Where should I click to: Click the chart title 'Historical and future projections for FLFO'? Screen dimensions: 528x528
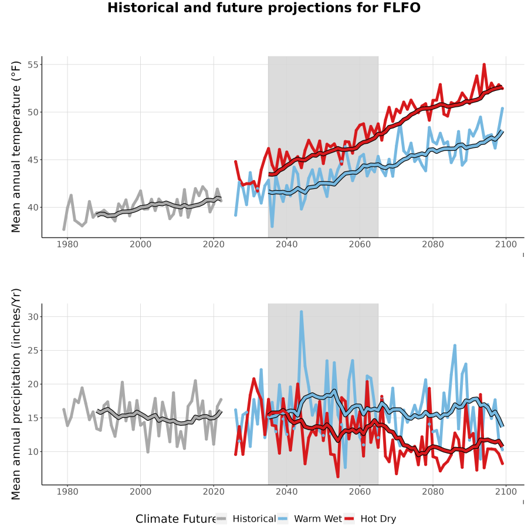[x=263, y=8]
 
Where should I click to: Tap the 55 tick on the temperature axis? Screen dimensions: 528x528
[x=33, y=65]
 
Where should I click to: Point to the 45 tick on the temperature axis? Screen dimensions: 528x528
[x=33, y=160]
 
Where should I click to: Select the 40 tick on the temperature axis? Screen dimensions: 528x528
[x=33, y=208]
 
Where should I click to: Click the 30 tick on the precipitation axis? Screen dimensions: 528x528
[x=33, y=317]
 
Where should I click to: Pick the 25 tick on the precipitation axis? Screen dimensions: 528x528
[x=33, y=350]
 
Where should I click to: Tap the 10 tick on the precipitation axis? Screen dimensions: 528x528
[x=33, y=452]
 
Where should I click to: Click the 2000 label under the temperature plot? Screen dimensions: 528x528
[x=140, y=244]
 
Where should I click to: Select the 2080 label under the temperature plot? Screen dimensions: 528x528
[x=433, y=244]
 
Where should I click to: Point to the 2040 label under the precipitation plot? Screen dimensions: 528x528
[x=286, y=492]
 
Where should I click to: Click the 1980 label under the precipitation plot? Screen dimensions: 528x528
[x=67, y=492]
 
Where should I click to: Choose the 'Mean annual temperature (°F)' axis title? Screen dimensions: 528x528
[x=16, y=147]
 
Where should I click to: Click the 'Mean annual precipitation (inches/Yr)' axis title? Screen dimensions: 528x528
[x=16, y=394]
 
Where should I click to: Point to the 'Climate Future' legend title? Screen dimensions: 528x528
[x=175, y=519]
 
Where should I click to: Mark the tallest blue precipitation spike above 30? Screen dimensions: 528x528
[x=302, y=312]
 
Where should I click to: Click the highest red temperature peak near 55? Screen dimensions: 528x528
[x=484, y=65]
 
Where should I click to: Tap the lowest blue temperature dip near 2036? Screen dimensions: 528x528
[x=272, y=226]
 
